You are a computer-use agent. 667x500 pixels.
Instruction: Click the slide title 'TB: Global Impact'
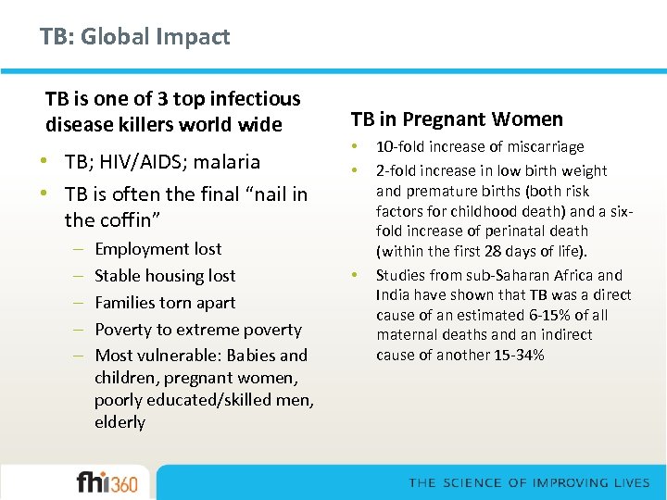pos(134,37)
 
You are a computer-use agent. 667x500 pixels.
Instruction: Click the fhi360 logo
pos(107,481)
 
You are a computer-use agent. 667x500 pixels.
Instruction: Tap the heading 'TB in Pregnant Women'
pos(456,119)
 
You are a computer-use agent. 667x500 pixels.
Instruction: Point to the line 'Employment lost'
pos(157,248)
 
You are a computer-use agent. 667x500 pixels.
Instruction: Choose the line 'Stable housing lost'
pos(165,275)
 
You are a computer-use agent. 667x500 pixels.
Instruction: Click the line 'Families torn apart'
pos(165,302)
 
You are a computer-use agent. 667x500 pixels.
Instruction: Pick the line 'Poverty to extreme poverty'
pos(198,329)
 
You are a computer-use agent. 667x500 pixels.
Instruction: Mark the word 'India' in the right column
pos(393,295)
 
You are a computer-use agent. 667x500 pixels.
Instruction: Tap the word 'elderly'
pos(120,422)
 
